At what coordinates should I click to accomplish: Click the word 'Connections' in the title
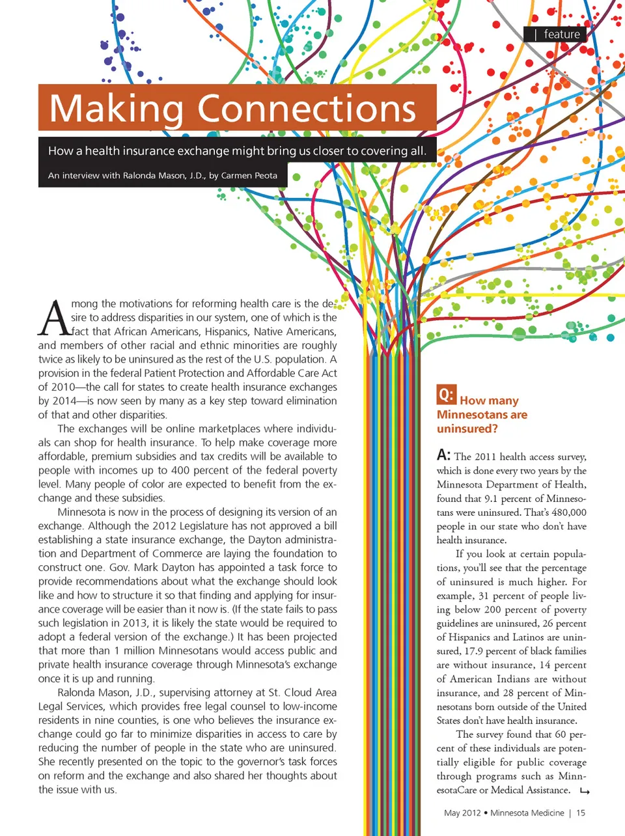click(307, 109)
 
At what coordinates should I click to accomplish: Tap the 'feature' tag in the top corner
click(561, 35)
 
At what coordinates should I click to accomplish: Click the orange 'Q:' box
click(446, 395)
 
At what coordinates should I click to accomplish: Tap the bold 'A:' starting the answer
click(443, 455)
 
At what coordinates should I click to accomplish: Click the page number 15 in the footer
click(581, 813)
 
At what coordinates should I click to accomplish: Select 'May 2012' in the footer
click(462, 813)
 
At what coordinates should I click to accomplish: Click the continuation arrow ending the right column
click(584, 791)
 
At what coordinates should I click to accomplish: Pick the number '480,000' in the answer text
click(568, 512)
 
